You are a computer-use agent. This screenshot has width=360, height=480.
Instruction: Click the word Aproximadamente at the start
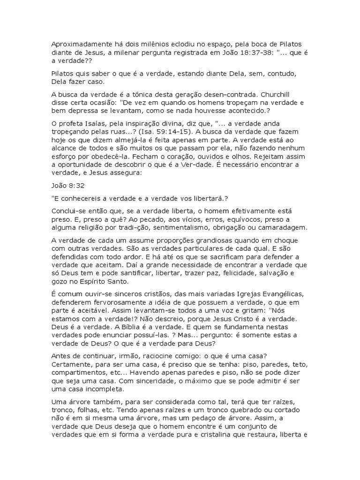click(79, 44)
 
